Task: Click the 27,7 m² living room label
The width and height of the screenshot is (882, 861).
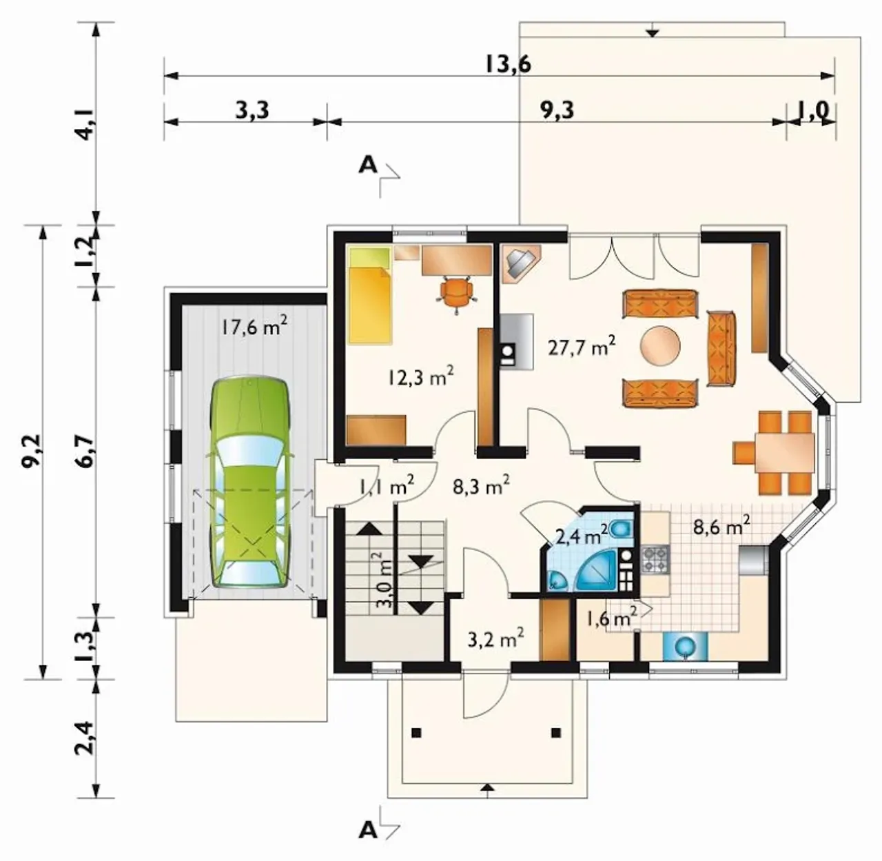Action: coord(582,347)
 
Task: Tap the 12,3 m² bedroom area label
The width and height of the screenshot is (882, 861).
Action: coord(420,377)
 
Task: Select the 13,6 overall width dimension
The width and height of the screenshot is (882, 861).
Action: coord(507,64)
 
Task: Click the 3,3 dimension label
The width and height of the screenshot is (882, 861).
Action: coord(252,110)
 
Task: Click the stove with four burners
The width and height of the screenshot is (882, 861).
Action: coord(655,560)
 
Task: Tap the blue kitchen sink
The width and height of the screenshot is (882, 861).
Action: coord(684,646)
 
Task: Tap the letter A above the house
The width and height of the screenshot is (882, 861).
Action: coord(367,165)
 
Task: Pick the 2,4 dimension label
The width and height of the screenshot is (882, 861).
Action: coord(85,738)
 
